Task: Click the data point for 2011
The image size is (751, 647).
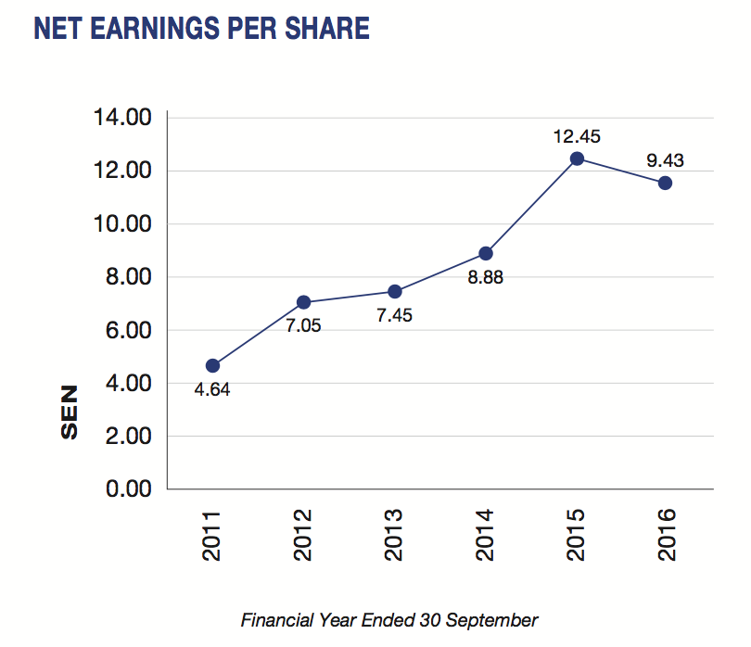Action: pos(212,365)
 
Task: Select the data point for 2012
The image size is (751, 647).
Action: pos(303,302)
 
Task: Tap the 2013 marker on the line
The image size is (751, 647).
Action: pos(394,291)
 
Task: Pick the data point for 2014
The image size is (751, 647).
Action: pos(485,253)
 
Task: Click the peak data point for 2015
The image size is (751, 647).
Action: pos(576,159)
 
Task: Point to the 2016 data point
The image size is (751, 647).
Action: pos(665,183)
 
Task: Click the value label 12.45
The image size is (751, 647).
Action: pos(577,135)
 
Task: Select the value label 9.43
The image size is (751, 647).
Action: pos(665,160)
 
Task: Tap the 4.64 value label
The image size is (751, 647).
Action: pos(212,389)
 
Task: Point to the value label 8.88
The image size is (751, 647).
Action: pos(485,277)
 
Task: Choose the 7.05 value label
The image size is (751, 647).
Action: pos(303,326)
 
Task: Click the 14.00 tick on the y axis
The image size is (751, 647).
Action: pos(121,118)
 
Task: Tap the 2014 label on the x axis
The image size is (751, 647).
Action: pos(485,534)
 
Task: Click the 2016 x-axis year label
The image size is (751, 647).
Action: pos(666,534)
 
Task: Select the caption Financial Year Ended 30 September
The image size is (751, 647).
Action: pos(389,619)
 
